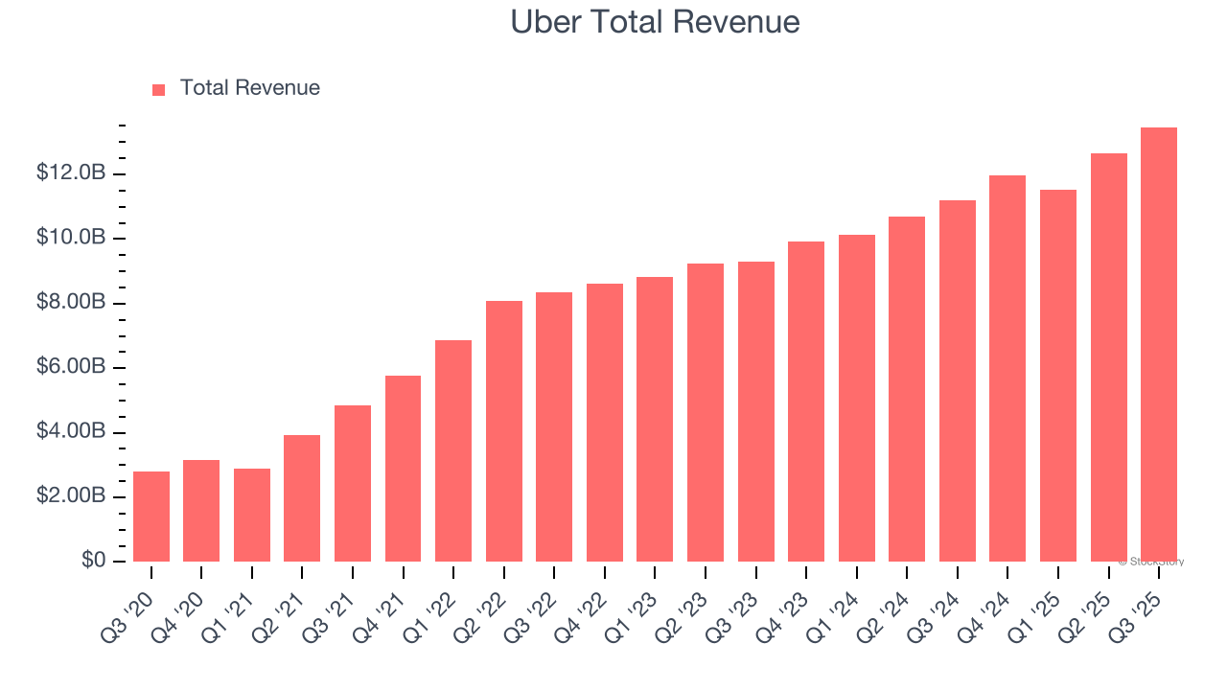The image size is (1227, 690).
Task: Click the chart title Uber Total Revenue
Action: [655, 21]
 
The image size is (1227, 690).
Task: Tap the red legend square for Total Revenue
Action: [159, 89]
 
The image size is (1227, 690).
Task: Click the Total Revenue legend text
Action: [249, 88]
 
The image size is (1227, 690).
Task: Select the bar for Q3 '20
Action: [151, 517]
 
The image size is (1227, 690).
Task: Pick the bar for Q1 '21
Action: [252, 515]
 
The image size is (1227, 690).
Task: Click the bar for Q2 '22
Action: [504, 431]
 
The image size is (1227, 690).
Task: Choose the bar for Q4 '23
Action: [806, 402]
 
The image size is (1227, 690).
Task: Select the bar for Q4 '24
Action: [1007, 369]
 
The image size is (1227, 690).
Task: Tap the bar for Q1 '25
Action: [1058, 376]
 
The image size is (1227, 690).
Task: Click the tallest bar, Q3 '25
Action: [1159, 345]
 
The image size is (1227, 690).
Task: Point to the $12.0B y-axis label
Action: [70, 173]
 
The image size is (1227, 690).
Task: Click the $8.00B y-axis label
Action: [70, 303]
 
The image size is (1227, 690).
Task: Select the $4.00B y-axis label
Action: [70, 432]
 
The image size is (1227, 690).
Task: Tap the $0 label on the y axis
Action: [92, 561]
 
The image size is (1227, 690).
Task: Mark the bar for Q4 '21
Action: [403, 469]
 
